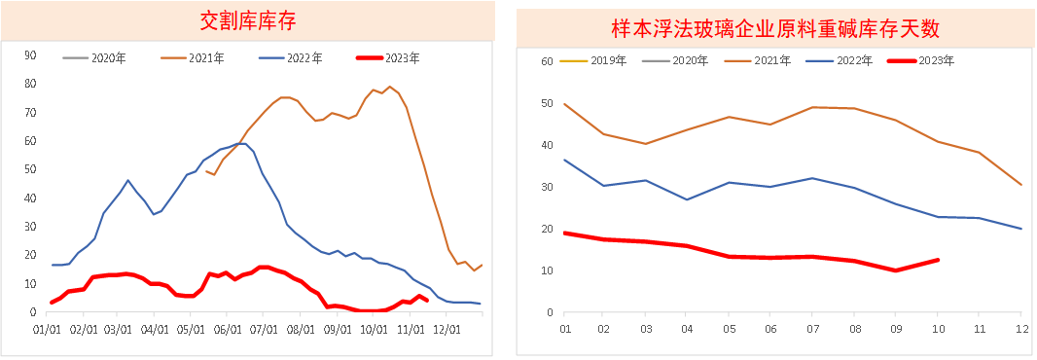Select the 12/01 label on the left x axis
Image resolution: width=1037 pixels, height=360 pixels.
[447, 330]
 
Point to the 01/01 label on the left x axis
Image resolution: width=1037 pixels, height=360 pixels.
[47, 330]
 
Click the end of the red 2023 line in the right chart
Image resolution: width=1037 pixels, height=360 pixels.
[938, 260]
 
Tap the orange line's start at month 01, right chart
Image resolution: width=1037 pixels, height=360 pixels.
[565, 104]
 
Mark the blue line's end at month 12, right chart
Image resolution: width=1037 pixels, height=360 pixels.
[1020, 229]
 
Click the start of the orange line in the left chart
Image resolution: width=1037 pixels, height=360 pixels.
[206, 170]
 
